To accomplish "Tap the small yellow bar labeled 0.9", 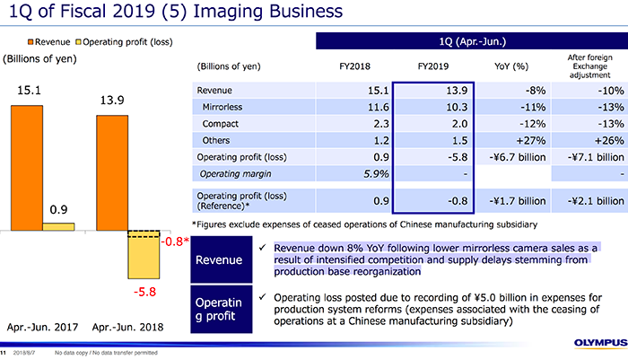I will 58,226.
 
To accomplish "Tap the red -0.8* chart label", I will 172,241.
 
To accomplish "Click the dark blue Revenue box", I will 222,260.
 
